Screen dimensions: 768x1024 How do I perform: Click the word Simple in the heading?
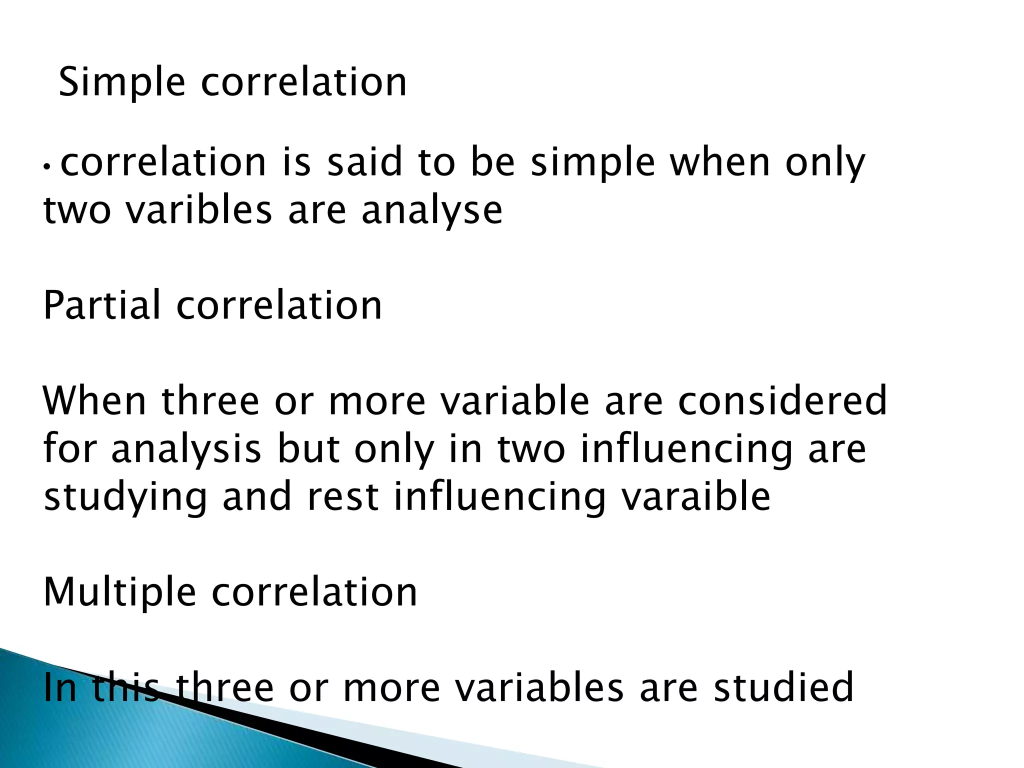122,82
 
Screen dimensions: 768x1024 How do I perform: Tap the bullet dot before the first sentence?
46,166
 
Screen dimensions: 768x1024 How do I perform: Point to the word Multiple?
119,592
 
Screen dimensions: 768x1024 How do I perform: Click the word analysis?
186,449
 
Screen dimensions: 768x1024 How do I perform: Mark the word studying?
125,497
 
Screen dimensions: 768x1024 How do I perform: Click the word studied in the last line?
783,687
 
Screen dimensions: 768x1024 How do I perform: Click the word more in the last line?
391,688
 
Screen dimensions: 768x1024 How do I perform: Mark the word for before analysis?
69,448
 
